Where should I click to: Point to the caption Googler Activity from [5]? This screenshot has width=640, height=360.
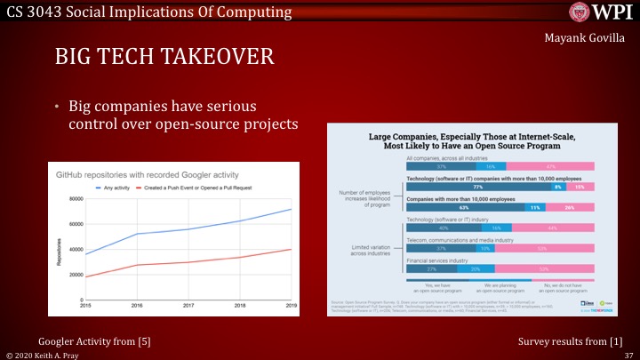click(x=87, y=340)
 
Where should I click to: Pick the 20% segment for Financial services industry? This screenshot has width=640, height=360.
click(x=476, y=268)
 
